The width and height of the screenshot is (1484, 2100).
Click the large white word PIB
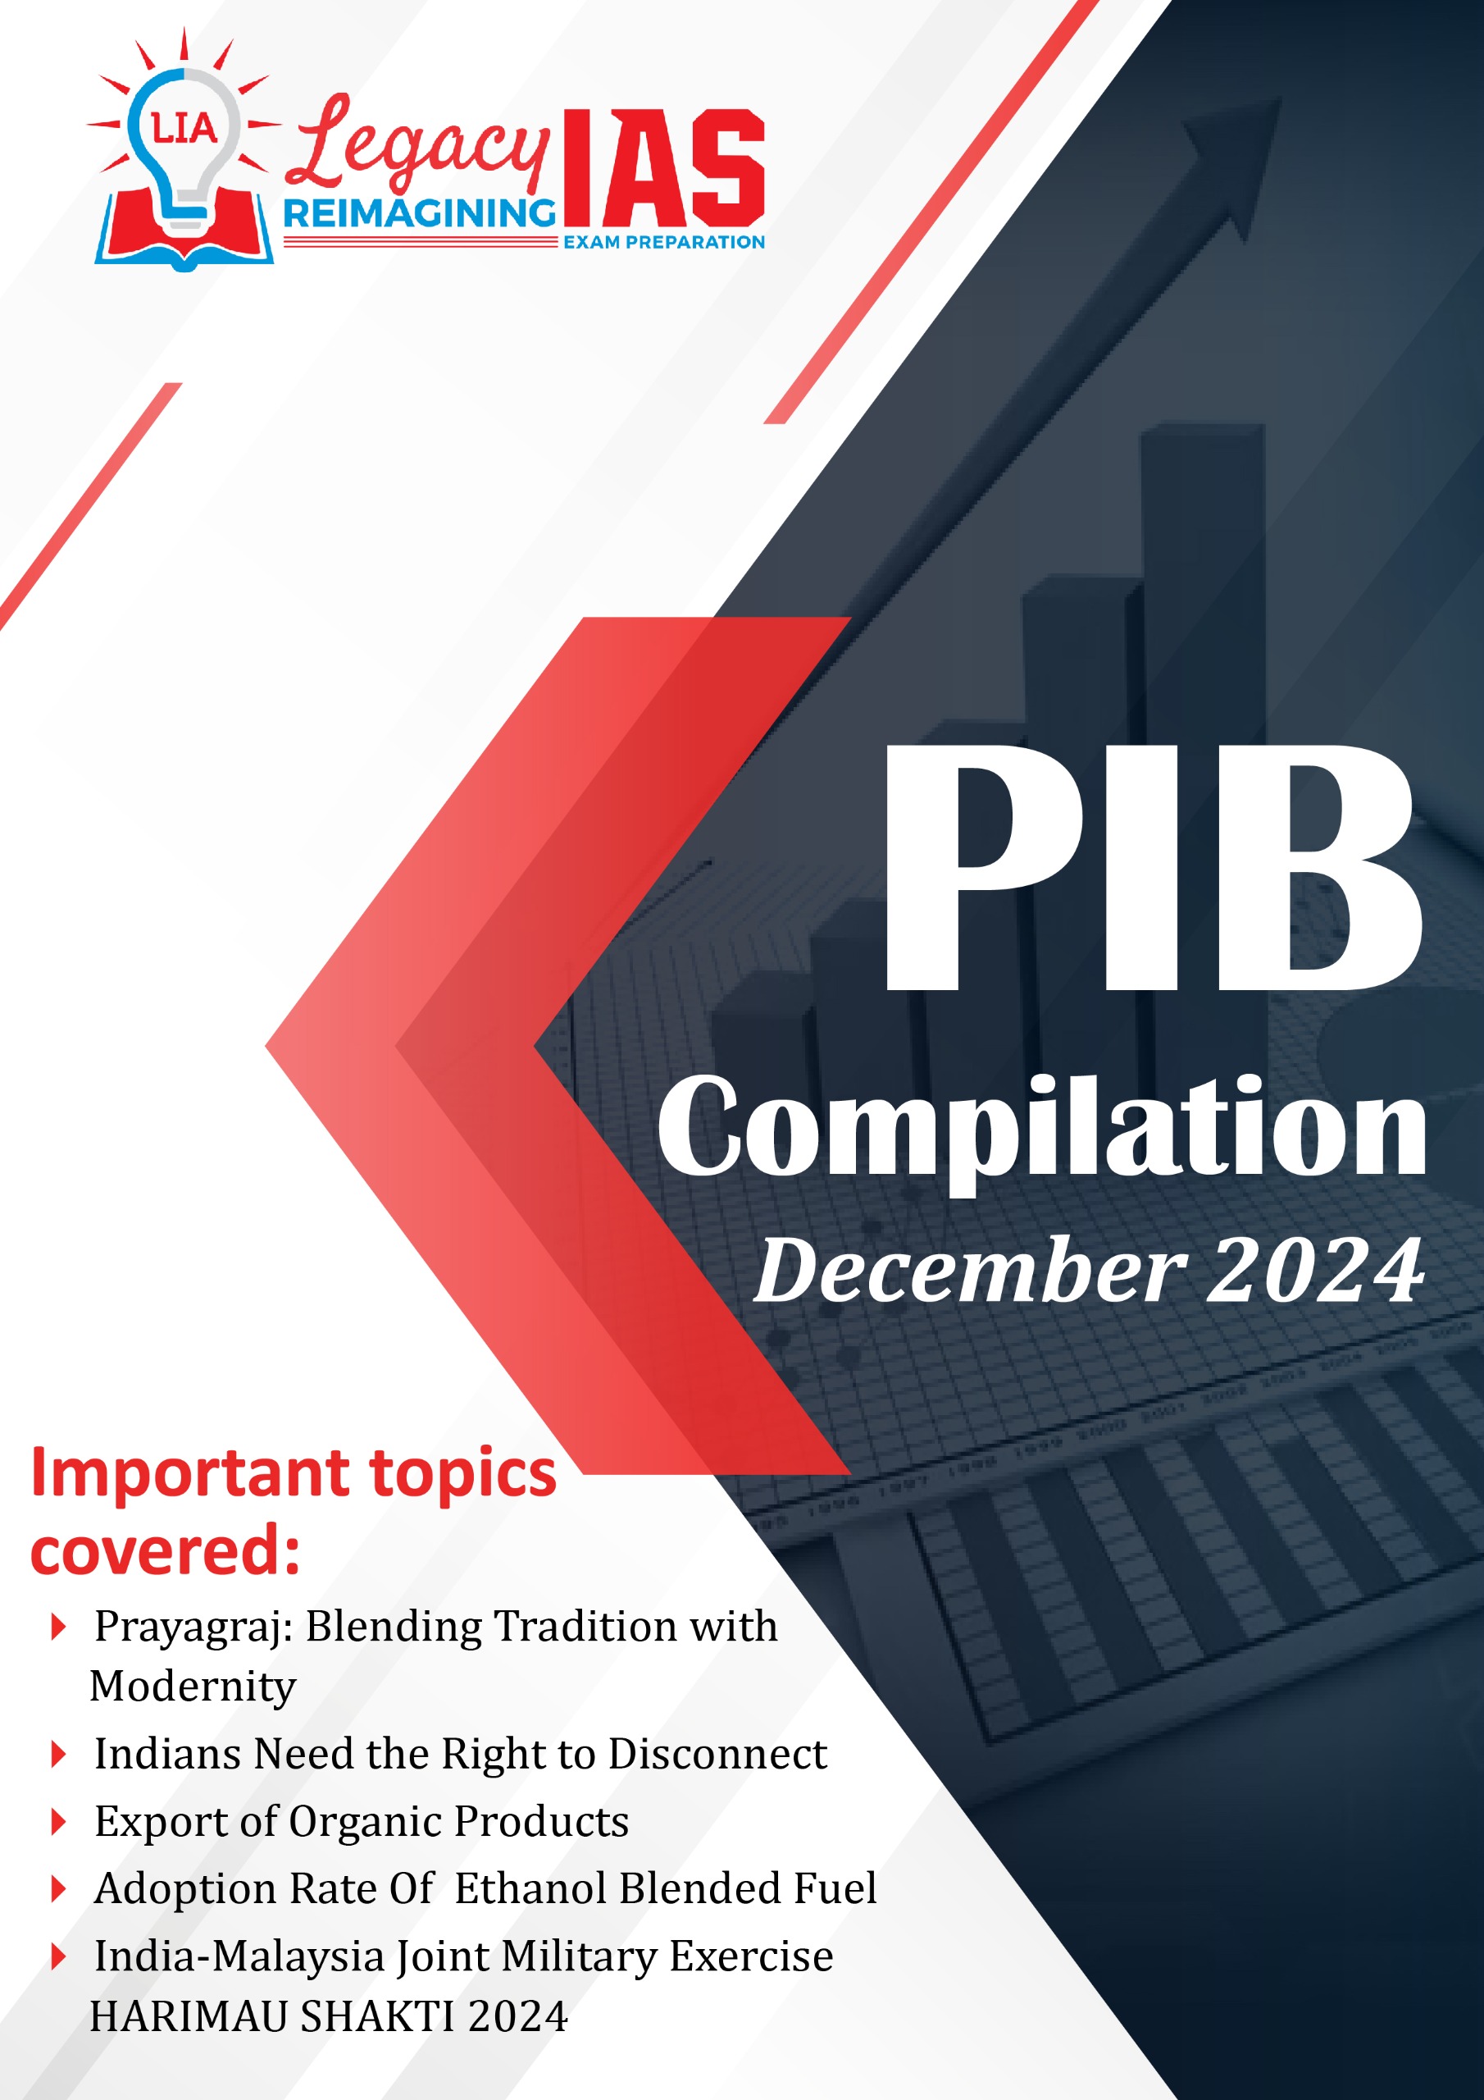click(x=1153, y=868)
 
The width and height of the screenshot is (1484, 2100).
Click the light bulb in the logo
click(x=184, y=151)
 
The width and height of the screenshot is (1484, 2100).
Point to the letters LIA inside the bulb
click(x=184, y=128)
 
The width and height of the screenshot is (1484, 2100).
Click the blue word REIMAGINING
click(x=420, y=214)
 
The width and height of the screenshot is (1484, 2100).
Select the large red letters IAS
click(x=664, y=167)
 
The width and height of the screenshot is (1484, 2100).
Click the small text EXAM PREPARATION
click(x=664, y=242)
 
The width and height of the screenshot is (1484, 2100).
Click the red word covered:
click(x=166, y=1553)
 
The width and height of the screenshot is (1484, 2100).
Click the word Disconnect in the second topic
click(x=717, y=1753)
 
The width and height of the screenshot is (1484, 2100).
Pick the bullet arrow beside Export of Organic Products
click(x=58, y=1823)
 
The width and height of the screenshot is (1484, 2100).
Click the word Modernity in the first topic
click(x=193, y=1687)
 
